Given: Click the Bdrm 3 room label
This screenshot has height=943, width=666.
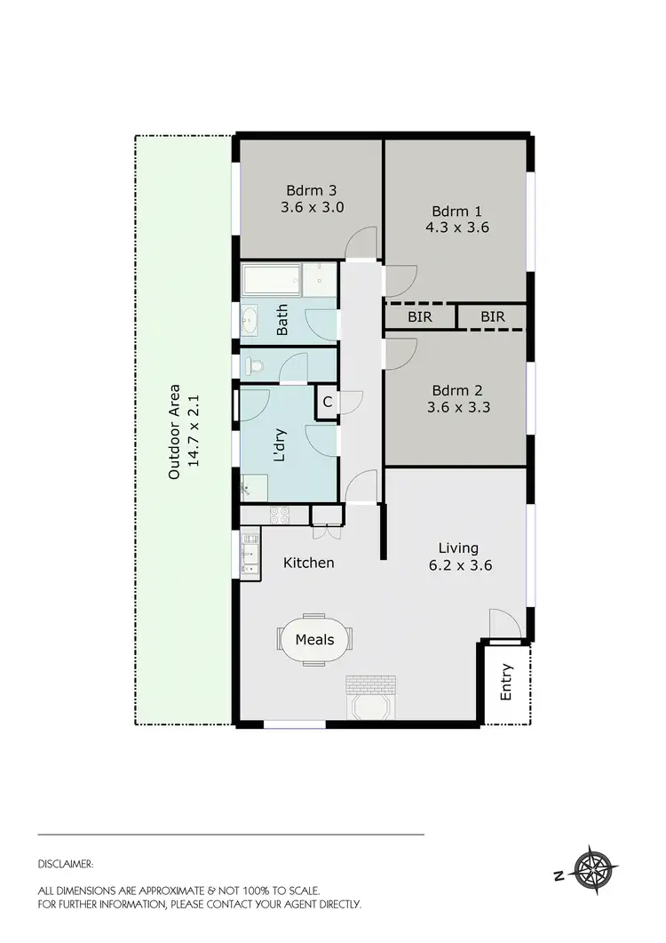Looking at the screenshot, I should click(311, 190).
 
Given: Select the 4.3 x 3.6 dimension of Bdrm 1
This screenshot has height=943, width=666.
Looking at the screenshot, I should click(456, 228).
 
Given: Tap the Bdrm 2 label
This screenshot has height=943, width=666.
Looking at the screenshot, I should click(456, 391).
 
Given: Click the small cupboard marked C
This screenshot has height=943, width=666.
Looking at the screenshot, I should click(327, 403).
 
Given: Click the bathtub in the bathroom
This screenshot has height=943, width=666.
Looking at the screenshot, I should click(271, 281).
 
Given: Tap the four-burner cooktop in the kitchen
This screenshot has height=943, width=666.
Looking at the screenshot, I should click(278, 515).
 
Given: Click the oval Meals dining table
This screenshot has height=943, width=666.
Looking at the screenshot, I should click(314, 639).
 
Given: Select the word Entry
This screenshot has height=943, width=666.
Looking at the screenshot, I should click(507, 682).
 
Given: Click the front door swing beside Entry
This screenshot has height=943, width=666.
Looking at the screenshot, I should click(502, 623).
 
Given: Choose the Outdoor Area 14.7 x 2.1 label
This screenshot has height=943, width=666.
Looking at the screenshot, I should click(184, 431).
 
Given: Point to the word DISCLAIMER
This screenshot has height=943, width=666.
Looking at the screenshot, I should click(66, 863).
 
